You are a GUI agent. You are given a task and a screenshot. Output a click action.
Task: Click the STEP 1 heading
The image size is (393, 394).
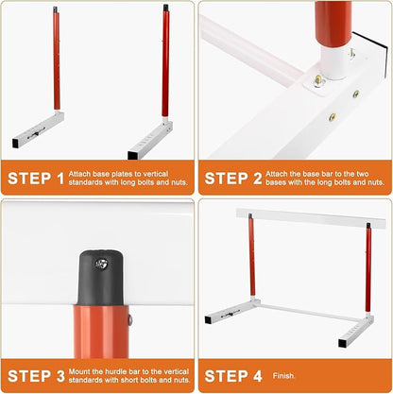pyautogui.click(x=37, y=177)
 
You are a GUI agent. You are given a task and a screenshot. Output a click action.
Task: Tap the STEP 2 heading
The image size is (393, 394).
pyautogui.click(x=233, y=177)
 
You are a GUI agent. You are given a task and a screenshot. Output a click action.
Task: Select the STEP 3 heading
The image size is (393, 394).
pyautogui.click(x=37, y=374)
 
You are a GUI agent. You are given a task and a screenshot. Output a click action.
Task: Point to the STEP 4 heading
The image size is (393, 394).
pyautogui.click(x=233, y=374)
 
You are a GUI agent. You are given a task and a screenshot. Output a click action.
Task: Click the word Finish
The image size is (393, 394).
pyautogui.click(x=283, y=374)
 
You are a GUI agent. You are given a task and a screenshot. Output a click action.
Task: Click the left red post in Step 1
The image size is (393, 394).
pyautogui.click(x=56, y=61)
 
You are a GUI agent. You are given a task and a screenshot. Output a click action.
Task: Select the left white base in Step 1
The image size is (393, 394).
pyautogui.click(x=38, y=129)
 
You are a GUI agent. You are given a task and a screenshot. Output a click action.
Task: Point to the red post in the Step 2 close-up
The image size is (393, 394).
pyautogui.click(x=333, y=24)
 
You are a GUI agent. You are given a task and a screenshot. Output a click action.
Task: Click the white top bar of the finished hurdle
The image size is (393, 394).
pyautogui.click(x=298, y=218)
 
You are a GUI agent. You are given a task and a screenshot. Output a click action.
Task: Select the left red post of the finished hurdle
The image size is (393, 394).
pyautogui.click(x=251, y=265)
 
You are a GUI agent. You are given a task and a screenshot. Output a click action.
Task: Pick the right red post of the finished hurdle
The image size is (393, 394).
pyautogui.click(x=367, y=269)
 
